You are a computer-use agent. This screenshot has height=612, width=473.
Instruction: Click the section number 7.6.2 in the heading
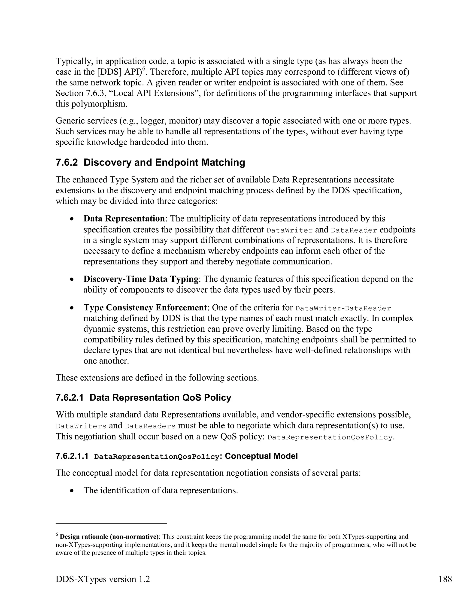point(67,163)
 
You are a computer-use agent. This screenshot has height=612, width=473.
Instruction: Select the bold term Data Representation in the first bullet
point(124,218)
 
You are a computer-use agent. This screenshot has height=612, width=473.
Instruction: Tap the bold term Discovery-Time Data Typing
point(141,279)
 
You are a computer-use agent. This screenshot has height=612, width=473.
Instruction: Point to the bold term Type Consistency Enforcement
point(145,308)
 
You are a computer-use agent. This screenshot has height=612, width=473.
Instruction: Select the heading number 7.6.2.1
point(70,398)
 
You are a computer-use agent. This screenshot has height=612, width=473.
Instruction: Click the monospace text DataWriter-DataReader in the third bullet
point(343,309)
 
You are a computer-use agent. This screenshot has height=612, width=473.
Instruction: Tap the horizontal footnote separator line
point(111,523)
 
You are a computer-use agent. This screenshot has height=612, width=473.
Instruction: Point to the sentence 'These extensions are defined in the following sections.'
point(157,378)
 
